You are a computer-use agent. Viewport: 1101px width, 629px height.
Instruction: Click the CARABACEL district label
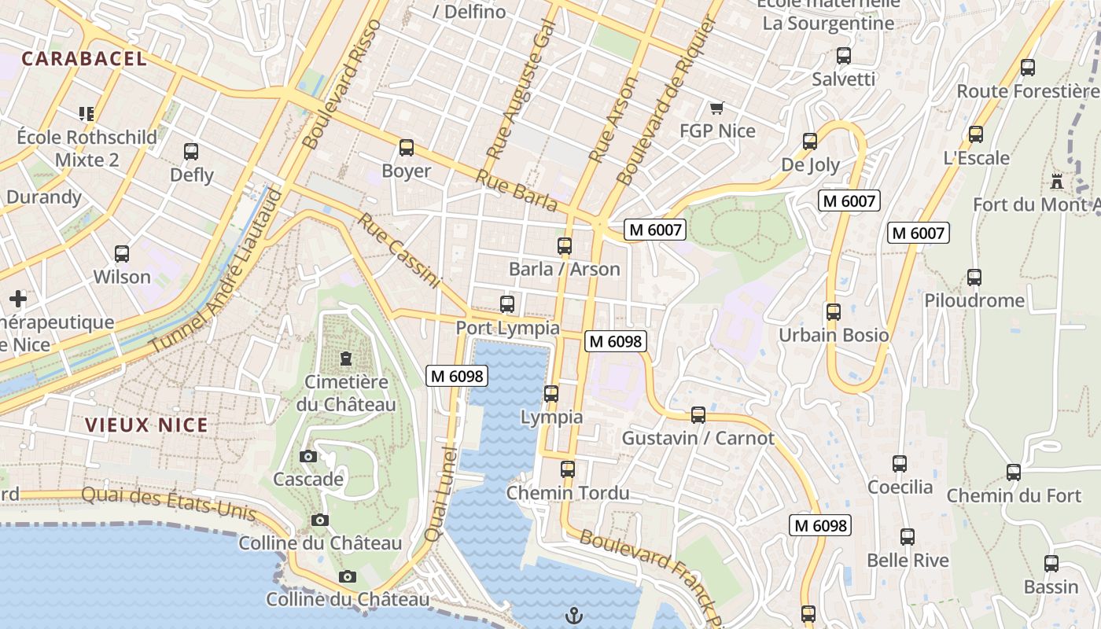84,59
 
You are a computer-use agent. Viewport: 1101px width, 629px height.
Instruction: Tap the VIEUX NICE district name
146,425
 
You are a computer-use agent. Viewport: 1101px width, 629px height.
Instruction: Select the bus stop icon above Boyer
407,148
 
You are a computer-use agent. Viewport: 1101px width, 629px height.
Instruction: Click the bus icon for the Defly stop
191,152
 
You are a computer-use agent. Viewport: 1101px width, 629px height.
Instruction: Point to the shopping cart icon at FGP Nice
716,108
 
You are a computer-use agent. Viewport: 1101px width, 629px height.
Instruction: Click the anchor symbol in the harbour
574,615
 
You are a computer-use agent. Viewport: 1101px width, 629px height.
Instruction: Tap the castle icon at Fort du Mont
1057,182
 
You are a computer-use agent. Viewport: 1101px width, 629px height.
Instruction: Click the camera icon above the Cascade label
308,457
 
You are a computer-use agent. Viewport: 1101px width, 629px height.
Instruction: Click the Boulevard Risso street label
342,85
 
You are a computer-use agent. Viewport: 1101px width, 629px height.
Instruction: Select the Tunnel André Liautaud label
216,271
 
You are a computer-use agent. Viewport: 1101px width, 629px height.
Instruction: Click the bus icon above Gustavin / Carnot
698,415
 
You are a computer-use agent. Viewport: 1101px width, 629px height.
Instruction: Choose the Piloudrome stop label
974,300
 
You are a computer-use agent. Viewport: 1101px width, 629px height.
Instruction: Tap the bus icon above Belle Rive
908,538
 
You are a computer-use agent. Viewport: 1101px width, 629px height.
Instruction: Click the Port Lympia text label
507,328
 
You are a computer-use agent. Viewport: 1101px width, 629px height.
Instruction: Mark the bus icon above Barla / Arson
565,246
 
